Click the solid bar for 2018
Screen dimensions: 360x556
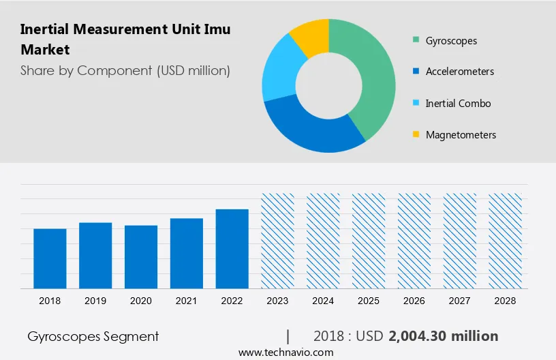(x=50, y=258)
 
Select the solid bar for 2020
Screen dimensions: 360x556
(x=141, y=256)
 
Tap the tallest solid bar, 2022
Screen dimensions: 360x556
(x=232, y=248)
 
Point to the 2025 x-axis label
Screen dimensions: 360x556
(x=369, y=301)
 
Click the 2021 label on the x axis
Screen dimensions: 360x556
(x=187, y=301)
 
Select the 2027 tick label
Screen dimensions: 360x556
(x=460, y=301)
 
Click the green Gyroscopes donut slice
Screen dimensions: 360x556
(x=371, y=75)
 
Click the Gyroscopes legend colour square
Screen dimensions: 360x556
(x=416, y=40)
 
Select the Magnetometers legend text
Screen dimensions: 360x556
(x=461, y=135)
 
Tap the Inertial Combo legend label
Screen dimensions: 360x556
(x=458, y=104)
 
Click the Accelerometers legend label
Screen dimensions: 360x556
(x=460, y=72)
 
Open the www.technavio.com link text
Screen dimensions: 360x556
(x=285, y=352)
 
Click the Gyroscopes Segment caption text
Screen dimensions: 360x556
(x=93, y=336)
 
